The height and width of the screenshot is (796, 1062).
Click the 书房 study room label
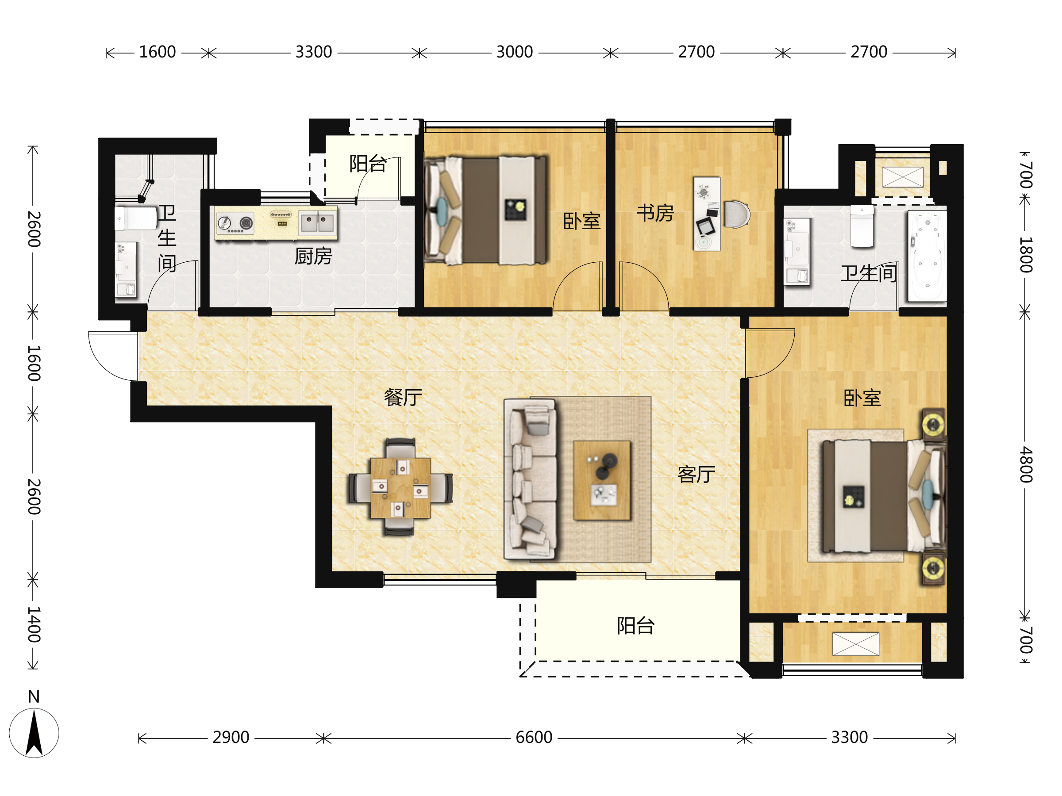tap(655, 213)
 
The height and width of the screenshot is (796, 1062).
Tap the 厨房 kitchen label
tap(313, 256)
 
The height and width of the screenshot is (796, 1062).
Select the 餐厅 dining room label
tap(403, 397)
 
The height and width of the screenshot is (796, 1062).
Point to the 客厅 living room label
tap(696, 475)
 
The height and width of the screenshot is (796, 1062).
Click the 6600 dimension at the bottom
tap(534, 737)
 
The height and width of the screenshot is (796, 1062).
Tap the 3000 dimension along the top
tap(515, 52)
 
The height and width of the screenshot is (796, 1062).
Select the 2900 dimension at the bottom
tap(231, 737)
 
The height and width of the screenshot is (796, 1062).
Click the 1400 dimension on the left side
tap(33, 624)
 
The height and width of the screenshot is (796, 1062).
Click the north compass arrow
tap(34, 733)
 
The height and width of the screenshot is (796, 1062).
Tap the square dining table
tap(400, 488)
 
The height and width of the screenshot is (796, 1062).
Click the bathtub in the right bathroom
tap(927, 256)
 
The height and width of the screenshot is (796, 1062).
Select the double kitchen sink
tap(317, 223)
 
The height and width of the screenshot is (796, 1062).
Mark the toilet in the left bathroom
tap(136, 218)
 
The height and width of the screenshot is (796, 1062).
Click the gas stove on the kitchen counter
tap(235, 223)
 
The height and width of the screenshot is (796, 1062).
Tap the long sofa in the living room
tap(531, 480)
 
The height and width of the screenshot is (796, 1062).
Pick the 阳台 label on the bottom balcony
tap(636, 626)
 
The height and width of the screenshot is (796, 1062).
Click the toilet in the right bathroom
tap(862, 226)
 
